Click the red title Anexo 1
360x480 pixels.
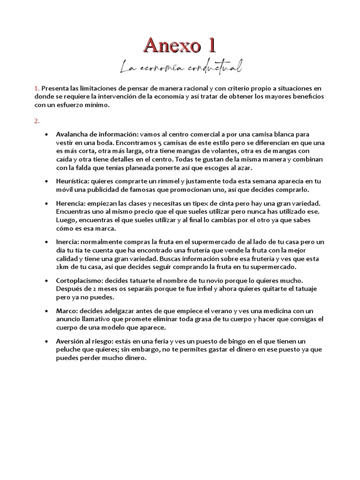[180, 45]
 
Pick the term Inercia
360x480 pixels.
[67, 242]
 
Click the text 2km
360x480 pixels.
[63, 267]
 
